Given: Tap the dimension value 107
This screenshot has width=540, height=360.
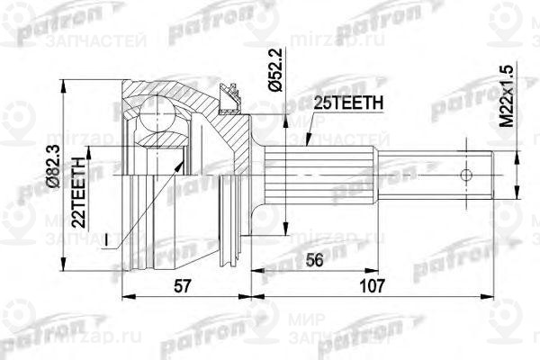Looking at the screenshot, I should [369, 285].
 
